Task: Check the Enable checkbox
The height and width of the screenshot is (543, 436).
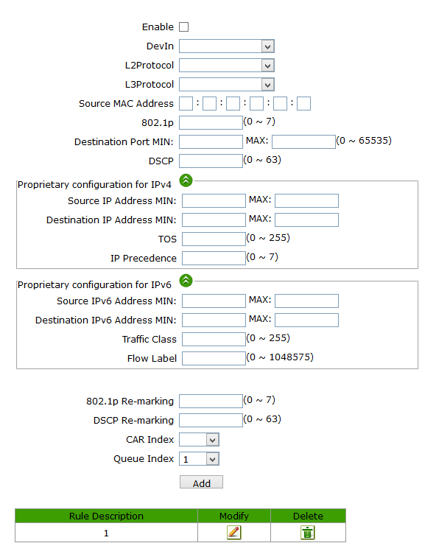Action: (x=183, y=27)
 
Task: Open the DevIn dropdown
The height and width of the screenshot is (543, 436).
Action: (x=227, y=46)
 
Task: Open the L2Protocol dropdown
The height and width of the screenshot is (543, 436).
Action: (x=227, y=65)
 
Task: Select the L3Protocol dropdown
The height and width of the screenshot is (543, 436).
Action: (x=227, y=85)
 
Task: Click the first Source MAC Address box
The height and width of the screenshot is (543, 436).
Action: (x=186, y=104)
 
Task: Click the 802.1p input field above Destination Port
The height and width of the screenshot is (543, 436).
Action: (x=211, y=122)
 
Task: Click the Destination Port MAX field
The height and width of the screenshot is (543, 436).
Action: (x=303, y=141)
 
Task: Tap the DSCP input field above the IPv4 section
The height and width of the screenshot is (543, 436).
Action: (x=211, y=161)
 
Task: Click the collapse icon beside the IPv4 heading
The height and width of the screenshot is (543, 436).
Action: (x=186, y=180)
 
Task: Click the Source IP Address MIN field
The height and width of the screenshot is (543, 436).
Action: (x=214, y=201)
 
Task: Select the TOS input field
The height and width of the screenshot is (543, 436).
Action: (x=214, y=239)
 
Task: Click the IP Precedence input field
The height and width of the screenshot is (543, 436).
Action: (x=214, y=259)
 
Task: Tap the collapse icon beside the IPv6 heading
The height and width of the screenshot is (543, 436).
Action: (x=186, y=281)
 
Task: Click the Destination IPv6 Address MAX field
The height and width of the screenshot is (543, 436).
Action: (x=306, y=320)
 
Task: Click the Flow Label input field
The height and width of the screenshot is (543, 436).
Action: (x=214, y=358)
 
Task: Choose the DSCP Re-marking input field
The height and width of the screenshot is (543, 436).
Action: (x=211, y=421)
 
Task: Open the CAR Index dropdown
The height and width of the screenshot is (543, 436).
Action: (x=199, y=439)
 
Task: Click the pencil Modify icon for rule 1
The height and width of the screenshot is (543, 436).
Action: (x=234, y=533)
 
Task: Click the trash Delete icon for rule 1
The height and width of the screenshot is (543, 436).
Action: (x=308, y=533)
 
